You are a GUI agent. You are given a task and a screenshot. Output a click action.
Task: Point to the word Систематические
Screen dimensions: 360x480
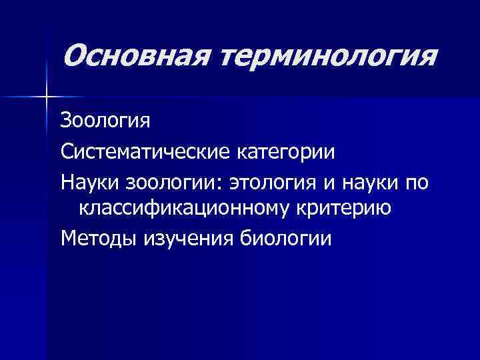point(145,151)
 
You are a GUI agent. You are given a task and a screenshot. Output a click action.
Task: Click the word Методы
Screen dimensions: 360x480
point(97,238)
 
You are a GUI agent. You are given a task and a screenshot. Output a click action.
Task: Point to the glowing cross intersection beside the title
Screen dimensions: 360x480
point(46,97)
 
